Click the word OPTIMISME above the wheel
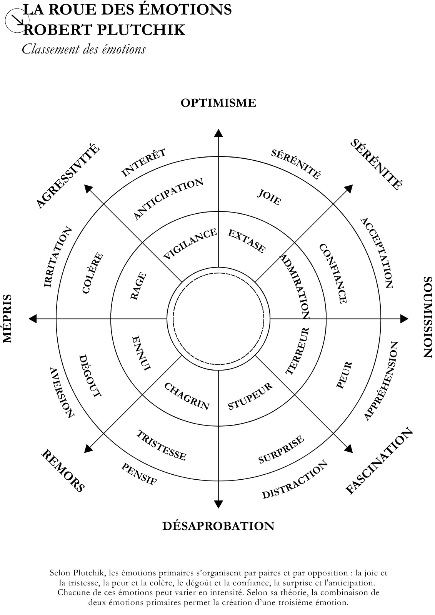point(218,103)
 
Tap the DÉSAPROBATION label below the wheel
point(218,526)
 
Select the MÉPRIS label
point(7,319)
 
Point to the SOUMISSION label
point(427,317)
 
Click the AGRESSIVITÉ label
point(68,176)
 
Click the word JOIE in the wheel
point(269,197)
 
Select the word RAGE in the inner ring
point(138,286)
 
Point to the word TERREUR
point(298,351)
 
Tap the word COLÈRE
point(93,273)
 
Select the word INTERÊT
point(143,163)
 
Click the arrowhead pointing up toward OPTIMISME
point(218,133)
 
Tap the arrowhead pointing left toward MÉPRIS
point(33,319)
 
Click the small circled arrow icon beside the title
point(17,21)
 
